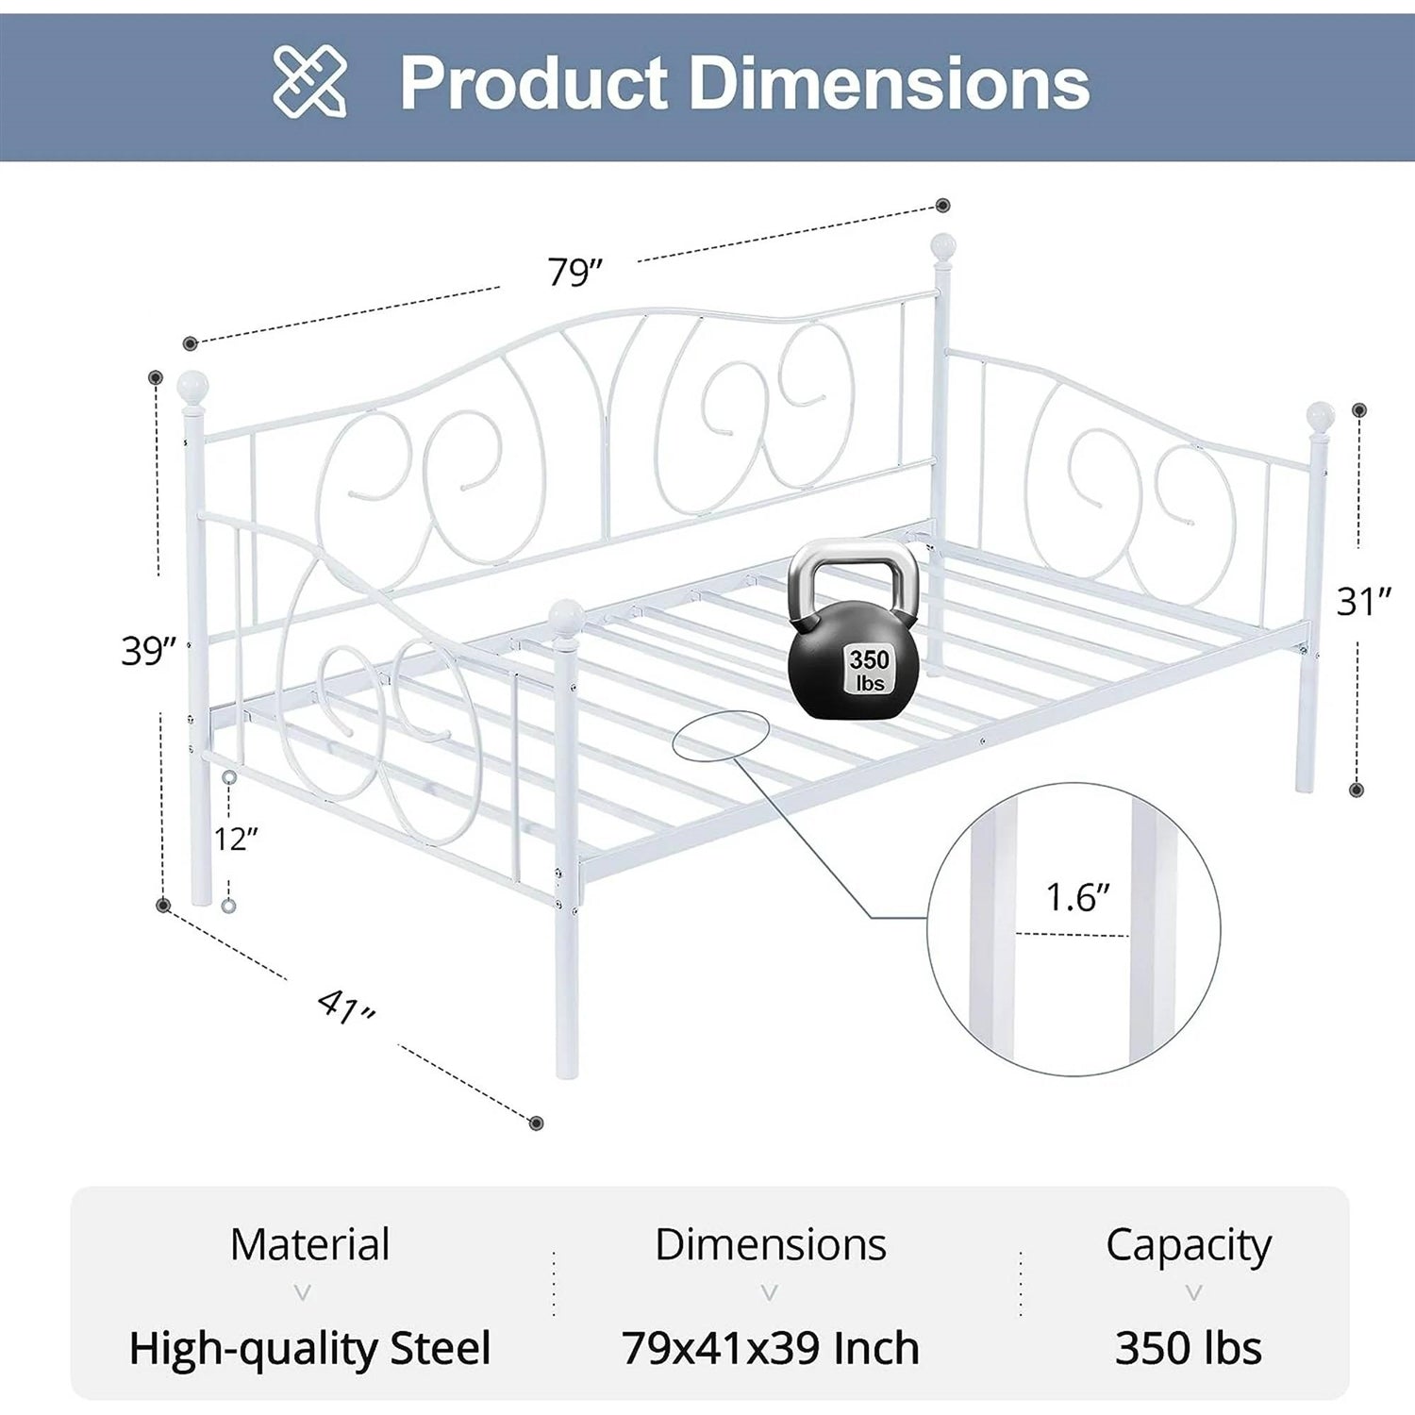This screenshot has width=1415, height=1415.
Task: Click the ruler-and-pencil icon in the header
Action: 309,83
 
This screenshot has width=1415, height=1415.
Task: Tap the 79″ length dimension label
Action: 574,272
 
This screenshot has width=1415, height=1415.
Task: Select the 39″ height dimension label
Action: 149,651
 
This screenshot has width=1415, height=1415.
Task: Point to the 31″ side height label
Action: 1364,601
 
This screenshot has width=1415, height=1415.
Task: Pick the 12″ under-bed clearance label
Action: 236,838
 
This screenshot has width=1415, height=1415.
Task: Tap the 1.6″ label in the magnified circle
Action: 1077,897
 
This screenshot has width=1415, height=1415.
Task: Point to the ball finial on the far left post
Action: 192,387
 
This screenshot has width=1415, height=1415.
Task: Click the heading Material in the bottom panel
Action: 309,1244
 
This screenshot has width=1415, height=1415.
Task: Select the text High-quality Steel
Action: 309,1348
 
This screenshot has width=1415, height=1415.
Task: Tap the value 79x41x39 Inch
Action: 770,1348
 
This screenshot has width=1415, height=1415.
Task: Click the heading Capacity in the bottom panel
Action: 1188,1244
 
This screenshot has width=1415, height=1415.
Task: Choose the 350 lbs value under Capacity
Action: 1188,1348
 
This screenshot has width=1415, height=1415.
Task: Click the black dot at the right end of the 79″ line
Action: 942,206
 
